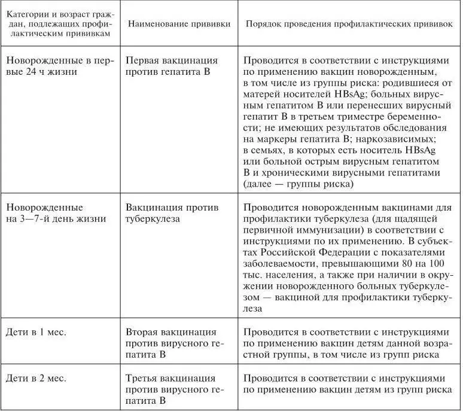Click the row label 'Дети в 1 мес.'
pyautogui.click(x=35, y=331)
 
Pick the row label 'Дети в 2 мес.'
pyautogui.click(x=35, y=378)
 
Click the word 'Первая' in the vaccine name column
pyautogui.click(x=144, y=60)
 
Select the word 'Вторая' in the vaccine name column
pyautogui.click(x=144, y=331)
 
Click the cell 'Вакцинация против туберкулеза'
pyautogui.click(x=172, y=213)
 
